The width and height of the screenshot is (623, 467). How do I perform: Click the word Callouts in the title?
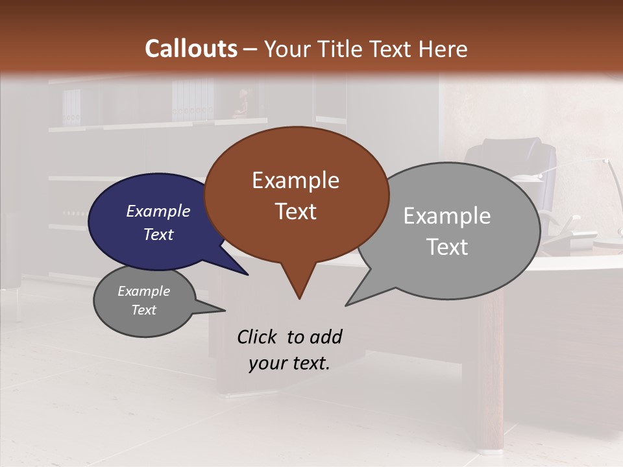pyautogui.click(x=191, y=49)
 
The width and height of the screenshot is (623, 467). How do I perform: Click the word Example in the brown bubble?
pyautogui.click(x=295, y=180)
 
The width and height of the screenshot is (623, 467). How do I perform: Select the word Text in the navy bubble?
pyautogui.click(x=158, y=234)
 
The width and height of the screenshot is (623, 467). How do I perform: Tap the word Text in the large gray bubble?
pyautogui.click(x=447, y=246)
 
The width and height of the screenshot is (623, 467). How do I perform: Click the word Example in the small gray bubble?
pyautogui.click(x=143, y=291)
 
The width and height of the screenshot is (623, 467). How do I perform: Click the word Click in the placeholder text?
pyautogui.click(x=258, y=337)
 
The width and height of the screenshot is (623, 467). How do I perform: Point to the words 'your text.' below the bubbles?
pyautogui.click(x=289, y=363)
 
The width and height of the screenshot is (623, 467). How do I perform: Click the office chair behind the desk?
pyautogui.click(x=513, y=162)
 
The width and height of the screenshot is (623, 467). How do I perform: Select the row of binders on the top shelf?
pyautogui.click(x=192, y=101)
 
